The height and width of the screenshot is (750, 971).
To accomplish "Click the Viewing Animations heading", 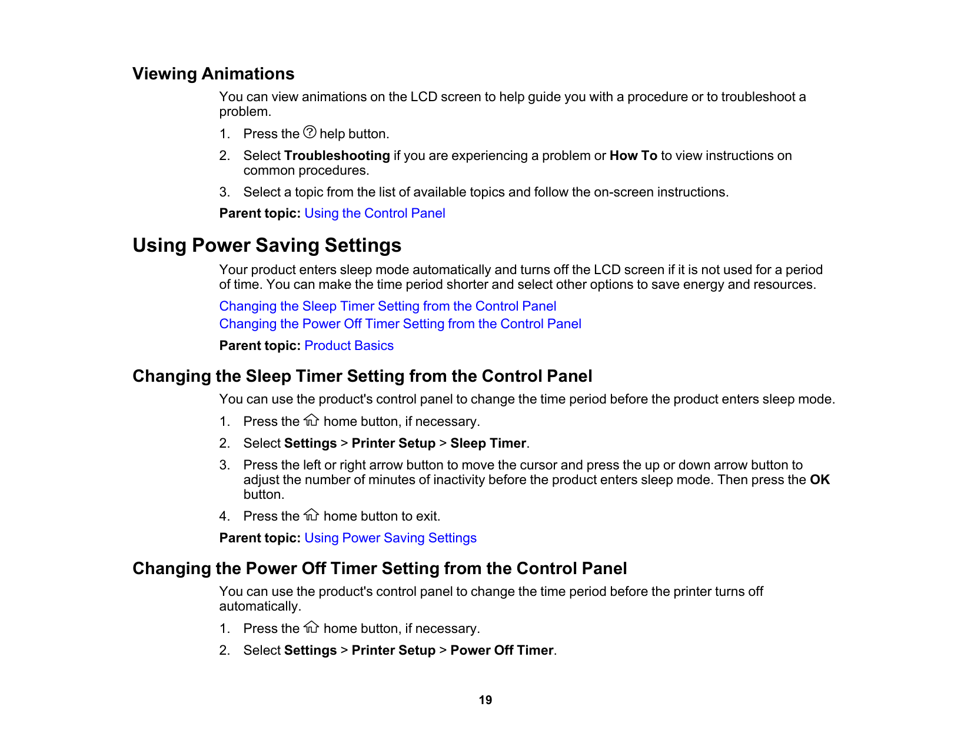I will (213, 74).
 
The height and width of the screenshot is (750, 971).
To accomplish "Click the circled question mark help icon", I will (310, 132).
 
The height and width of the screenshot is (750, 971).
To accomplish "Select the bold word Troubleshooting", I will (337, 156).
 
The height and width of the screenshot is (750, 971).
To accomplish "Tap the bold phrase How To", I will (633, 156).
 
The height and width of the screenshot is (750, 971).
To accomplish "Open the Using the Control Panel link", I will (374, 214).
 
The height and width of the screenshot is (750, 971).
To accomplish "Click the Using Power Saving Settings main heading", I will (267, 245).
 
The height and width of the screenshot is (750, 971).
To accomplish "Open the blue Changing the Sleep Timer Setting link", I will (387, 306).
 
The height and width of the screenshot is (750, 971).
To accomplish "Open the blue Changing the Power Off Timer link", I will (400, 324).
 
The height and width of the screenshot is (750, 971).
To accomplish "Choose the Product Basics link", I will (349, 346).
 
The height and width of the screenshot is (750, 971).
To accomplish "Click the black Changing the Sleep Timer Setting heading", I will (362, 376).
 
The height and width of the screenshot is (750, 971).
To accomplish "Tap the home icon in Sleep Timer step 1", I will (311, 421).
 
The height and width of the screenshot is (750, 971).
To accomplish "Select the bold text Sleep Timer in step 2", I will (488, 444).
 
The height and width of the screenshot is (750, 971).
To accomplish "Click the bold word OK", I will (819, 480).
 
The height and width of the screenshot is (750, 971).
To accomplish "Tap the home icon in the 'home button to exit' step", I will (311, 515).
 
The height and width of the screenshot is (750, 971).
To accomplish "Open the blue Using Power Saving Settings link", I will (390, 538).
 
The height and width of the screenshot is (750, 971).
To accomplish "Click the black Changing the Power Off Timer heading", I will (380, 569).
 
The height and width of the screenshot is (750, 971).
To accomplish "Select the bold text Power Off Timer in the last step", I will (502, 651).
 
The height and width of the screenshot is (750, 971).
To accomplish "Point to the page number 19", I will (485, 700).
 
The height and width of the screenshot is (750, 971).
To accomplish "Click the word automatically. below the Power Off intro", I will (260, 606).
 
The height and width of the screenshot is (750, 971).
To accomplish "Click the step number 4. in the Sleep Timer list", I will (224, 516).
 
